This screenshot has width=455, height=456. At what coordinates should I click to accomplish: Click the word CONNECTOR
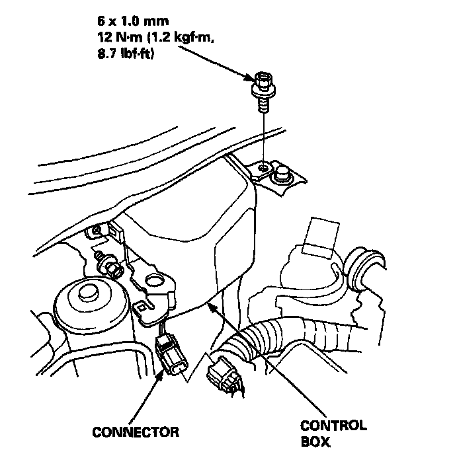pyautogui.click(x=135, y=432)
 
